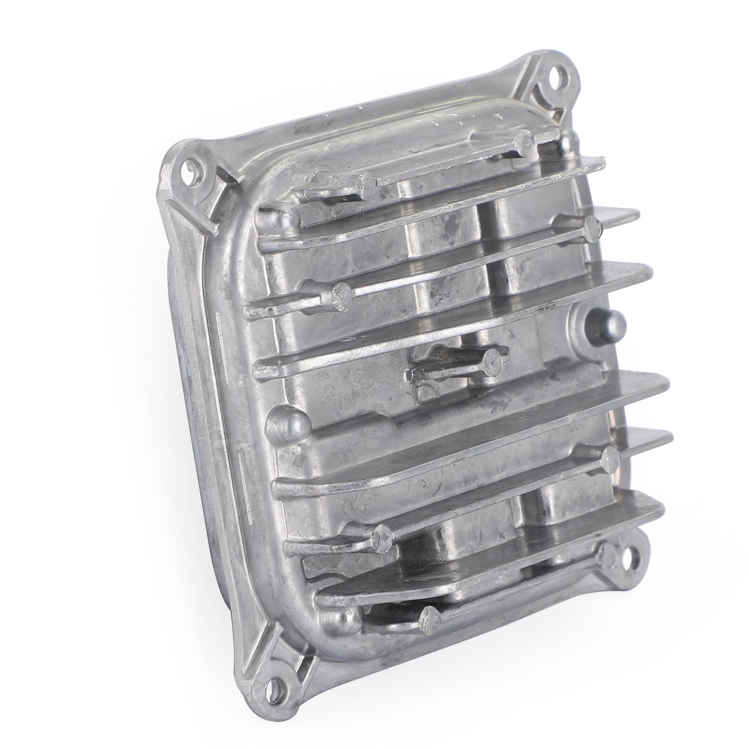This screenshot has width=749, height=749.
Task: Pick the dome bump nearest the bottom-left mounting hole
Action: tap(337, 620)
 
